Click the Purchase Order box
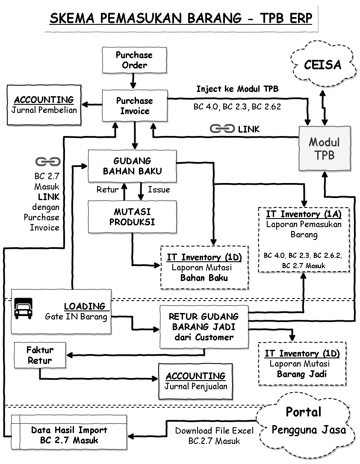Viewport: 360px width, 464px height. (x=134, y=60)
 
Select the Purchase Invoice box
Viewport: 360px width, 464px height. (x=134, y=106)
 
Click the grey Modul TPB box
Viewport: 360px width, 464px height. (x=324, y=148)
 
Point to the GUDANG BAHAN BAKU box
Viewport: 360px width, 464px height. (x=132, y=166)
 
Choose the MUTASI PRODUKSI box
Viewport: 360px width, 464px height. (x=132, y=217)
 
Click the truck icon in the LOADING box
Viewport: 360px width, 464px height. (x=24, y=308)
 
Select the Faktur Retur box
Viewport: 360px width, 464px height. (x=40, y=355)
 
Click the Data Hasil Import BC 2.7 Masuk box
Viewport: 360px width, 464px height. (x=69, y=435)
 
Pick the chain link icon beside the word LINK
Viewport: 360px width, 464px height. (x=222, y=128)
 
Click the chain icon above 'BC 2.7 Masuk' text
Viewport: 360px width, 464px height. (x=47, y=162)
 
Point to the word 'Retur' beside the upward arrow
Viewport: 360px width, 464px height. (x=107, y=189)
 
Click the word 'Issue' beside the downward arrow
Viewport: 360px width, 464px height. (x=159, y=189)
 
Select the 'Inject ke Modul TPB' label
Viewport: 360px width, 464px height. (x=237, y=89)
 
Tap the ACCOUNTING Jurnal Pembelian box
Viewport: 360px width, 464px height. (x=44, y=105)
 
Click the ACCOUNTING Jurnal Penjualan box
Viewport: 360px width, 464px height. (x=195, y=381)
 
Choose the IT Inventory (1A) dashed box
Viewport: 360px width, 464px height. (x=304, y=239)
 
